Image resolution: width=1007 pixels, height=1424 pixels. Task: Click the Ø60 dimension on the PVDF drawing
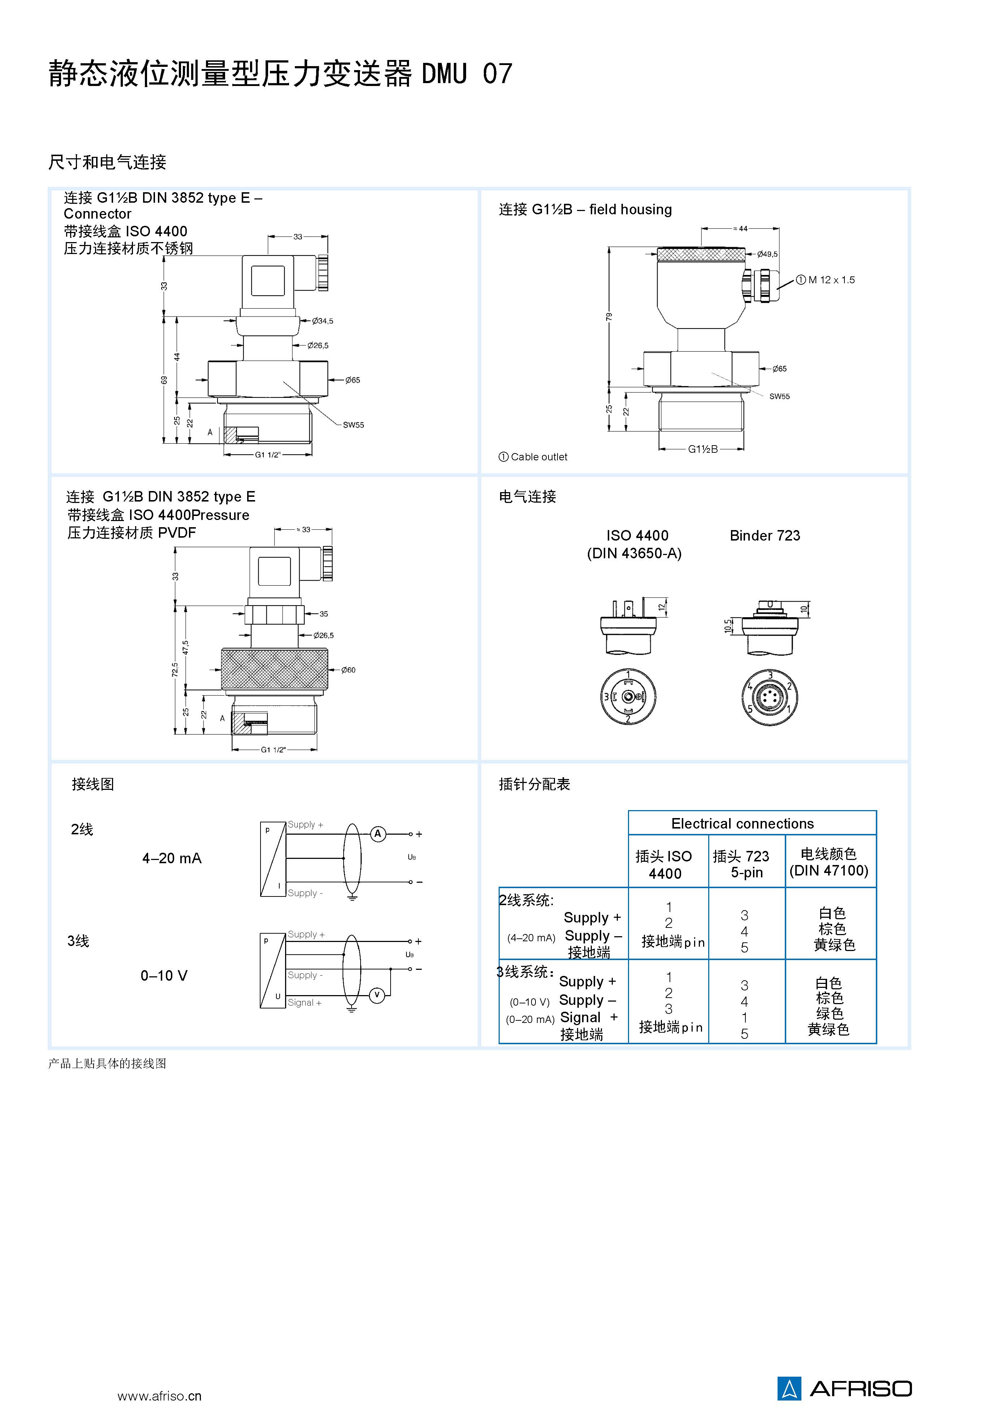click(348, 670)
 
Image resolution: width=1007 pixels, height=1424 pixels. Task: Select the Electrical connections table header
click(742, 823)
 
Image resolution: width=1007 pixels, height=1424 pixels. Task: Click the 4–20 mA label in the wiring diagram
click(172, 859)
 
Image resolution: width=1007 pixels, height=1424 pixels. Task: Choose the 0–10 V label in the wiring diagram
click(164, 976)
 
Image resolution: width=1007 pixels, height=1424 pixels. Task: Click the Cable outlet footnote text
click(538, 457)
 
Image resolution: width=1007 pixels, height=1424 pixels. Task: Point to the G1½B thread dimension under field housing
click(702, 449)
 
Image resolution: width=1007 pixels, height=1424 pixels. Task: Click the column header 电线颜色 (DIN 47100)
click(829, 862)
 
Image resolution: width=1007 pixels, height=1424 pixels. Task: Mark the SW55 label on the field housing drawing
click(779, 396)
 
